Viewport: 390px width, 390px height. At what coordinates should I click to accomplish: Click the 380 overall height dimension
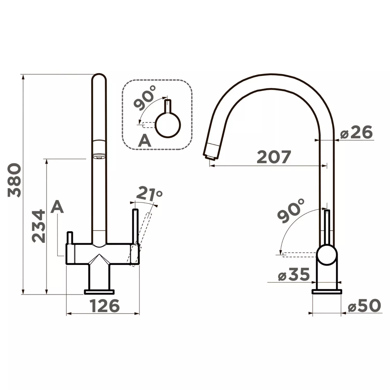14,180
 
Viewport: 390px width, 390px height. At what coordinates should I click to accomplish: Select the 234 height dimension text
38,226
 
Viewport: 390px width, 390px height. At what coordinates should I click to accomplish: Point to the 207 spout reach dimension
274,157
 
